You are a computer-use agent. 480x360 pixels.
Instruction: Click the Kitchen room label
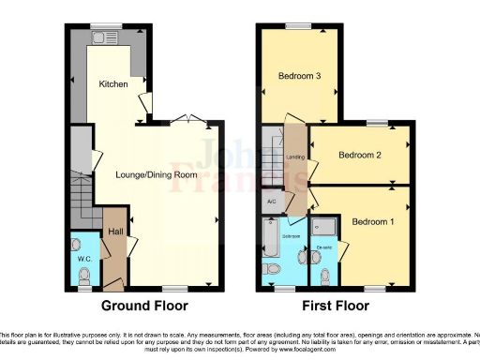coord(113,84)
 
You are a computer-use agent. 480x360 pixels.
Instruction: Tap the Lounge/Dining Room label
coord(157,174)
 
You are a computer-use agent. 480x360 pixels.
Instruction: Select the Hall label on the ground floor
coord(115,231)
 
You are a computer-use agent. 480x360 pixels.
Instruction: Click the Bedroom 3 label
coord(299,76)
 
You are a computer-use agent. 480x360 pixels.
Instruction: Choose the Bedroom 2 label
coord(360,156)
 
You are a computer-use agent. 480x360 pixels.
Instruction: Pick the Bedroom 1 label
coord(373,221)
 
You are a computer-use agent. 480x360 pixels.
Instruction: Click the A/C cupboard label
coord(271,202)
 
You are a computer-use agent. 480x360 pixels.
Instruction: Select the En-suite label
coord(325,247)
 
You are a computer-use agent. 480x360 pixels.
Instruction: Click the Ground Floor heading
coord(144,307)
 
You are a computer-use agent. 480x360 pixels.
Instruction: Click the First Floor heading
coord(334,307)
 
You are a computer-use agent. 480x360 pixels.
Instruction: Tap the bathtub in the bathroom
coord(272,238)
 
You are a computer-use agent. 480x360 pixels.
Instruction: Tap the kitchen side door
coord(143,106)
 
